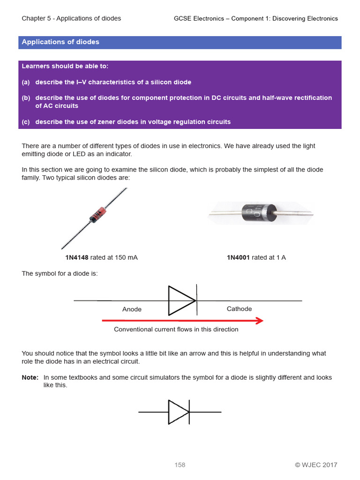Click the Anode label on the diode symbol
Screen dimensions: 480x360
click(x=132, y=309)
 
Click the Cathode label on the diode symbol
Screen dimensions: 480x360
click(x=239, y=309)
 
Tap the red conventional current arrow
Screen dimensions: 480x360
click(x=182, y=321)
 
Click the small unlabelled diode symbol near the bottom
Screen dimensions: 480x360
click(x=179, y=412)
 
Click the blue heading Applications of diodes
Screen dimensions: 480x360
click(x=60, y=42)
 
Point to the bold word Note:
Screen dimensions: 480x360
click(x=30, y=377)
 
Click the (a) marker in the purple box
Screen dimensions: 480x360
click(x=26, y=82)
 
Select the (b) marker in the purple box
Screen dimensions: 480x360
click(x=26, y=97)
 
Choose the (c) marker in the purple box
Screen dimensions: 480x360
click(x=26, y=122)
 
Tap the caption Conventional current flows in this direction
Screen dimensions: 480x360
click(x=176, y=330)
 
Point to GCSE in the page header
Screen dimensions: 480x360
click(x=182, y=18)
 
